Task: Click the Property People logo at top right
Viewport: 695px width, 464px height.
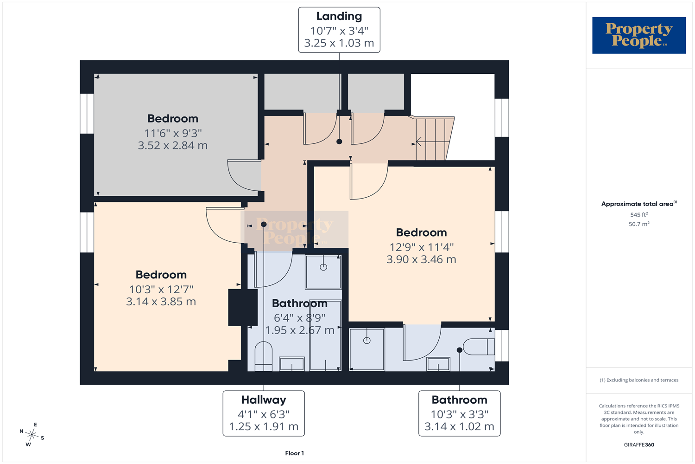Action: point(639,35)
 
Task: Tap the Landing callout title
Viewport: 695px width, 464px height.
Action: point(339,16)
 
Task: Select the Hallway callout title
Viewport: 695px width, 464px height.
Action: point(264,400)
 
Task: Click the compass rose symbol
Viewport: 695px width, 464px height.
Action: point(32,434)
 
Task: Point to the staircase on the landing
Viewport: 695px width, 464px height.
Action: point(435,138)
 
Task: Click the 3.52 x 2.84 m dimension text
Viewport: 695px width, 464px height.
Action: point(173,145)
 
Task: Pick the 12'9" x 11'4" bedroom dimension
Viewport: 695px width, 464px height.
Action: point(422,247)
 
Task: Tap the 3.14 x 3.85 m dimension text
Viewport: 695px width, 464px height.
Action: point(161,302)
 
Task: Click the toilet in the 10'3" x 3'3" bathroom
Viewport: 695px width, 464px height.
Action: point(479,347)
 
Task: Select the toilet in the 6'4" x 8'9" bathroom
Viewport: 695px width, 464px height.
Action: point(264,356)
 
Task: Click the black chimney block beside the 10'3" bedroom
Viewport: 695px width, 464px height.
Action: point(243,307)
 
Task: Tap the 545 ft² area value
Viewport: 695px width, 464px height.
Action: point(639,214)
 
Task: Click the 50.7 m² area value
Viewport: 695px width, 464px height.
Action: point(639,224)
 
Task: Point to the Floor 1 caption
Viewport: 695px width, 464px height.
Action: point(294,453)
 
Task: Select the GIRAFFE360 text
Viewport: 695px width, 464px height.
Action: point(639,445)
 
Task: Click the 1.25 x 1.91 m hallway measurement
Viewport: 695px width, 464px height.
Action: point(264,427)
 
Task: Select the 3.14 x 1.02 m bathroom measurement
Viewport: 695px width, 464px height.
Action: point(460,427)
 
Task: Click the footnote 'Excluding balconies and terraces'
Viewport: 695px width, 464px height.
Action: point(639,380)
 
